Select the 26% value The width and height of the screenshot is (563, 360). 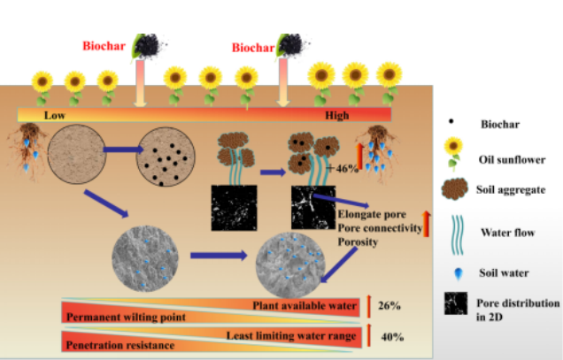[x=390, y=306]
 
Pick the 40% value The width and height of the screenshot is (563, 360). [x=390, y=337]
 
